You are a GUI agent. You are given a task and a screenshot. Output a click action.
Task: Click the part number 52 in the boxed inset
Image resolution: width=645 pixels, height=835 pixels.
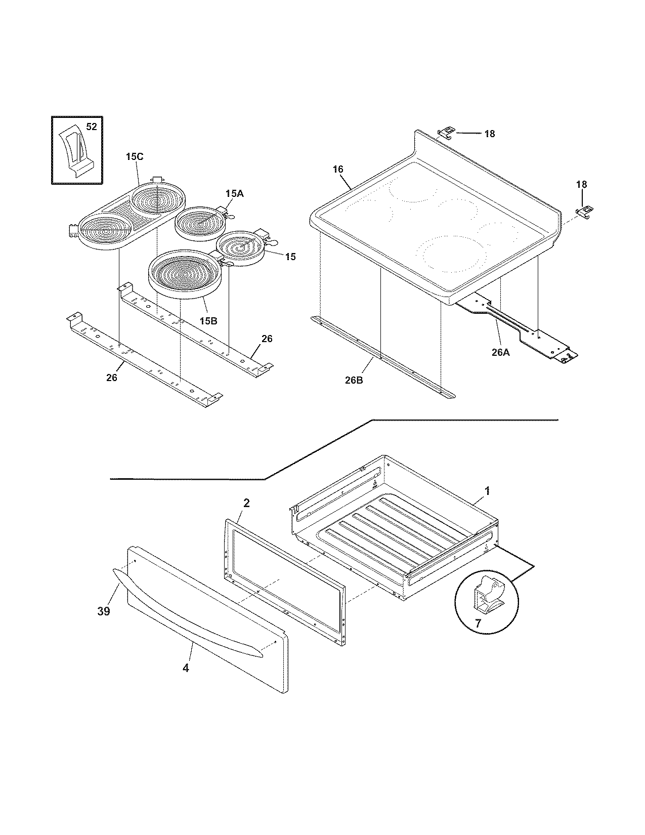(91, 127)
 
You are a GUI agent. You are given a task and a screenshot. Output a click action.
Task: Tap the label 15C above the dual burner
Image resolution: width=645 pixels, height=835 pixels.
(135, 157)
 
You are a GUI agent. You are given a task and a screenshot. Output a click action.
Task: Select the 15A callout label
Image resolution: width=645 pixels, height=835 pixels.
(234, 193)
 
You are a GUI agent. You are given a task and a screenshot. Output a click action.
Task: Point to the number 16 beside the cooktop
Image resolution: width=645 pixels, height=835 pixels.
(338, 170)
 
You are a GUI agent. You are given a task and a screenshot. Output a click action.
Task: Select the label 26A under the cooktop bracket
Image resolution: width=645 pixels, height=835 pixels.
(501, 354)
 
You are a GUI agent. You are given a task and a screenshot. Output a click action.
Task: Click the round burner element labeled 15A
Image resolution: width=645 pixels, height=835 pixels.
(198, 222)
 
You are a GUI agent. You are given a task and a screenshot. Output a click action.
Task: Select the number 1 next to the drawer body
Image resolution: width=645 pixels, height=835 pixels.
(487, 491)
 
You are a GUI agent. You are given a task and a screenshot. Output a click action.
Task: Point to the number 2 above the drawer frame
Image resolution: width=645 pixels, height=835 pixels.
(246, 503)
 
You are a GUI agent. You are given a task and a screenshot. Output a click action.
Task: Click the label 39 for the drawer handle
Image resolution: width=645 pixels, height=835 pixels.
(103, 612)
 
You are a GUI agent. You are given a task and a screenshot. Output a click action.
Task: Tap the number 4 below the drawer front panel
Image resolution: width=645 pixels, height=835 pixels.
(186, 668)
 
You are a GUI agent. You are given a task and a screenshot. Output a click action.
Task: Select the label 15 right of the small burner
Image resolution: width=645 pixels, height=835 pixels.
(290, 257)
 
